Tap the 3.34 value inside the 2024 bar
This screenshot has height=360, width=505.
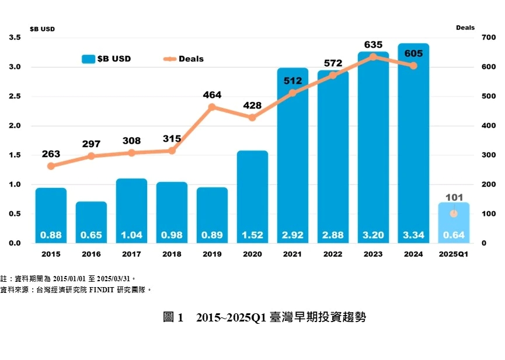[x=413, y=236]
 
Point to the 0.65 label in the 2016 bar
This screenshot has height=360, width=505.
[x=91, y=236]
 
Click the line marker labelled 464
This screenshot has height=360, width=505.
[x=212, y=107]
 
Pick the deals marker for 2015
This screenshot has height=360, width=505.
[x=51, y=166]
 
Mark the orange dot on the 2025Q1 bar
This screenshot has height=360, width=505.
[x=453, y=214]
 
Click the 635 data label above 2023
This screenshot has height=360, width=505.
[x=373, y=44]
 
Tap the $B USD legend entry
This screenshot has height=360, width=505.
[x=107, y=59]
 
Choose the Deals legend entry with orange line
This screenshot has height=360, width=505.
[x=183, y=59]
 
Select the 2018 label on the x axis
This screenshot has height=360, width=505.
[x=172, y=254]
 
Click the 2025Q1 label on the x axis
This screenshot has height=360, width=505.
[x=453, y=254]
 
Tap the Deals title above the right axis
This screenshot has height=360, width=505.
[x=465, y=27]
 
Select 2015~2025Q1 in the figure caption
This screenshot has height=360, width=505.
[x=231, y=318]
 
